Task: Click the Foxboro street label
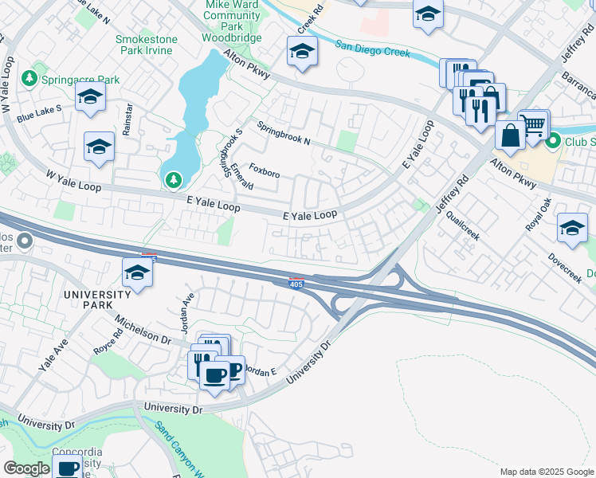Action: click(x=264, y=170)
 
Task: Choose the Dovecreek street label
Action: click(x=565, y=268)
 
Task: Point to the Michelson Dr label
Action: click(x=143, y=328)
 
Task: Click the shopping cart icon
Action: click(x=534, y=124)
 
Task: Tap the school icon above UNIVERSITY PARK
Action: click(x=137, y=272)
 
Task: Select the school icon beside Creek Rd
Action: click(x=302, y=53)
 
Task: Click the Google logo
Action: click(x=27, y=468)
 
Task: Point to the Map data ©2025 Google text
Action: click(x=546, y=472)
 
